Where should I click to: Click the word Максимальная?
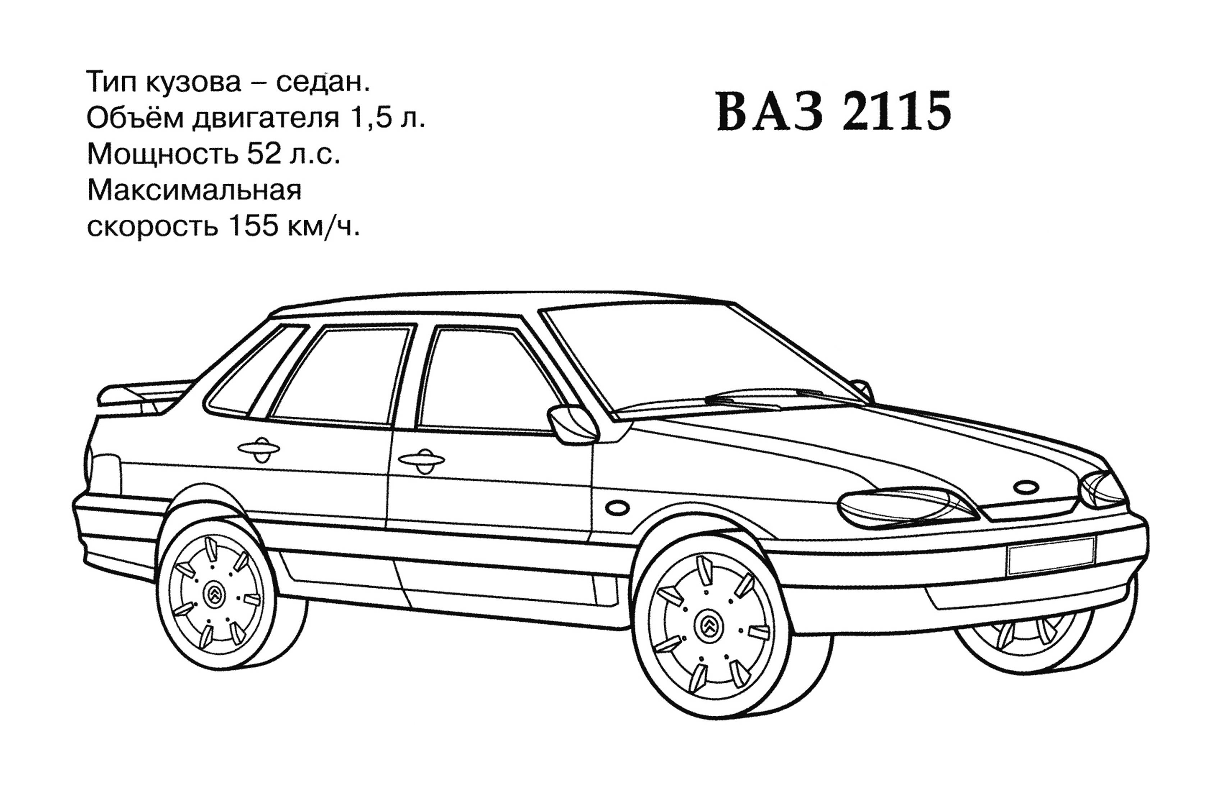tap(194, 191)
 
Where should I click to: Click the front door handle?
tap(422, 460)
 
